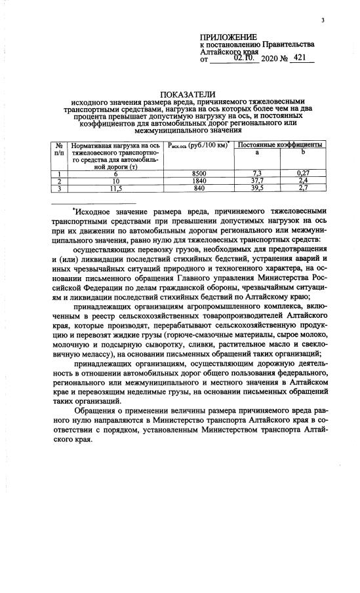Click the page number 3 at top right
point(323,20)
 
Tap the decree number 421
point(300,58)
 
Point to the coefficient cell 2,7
point(303,188)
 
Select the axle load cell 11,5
point(115,188)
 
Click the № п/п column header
point(60,147)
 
